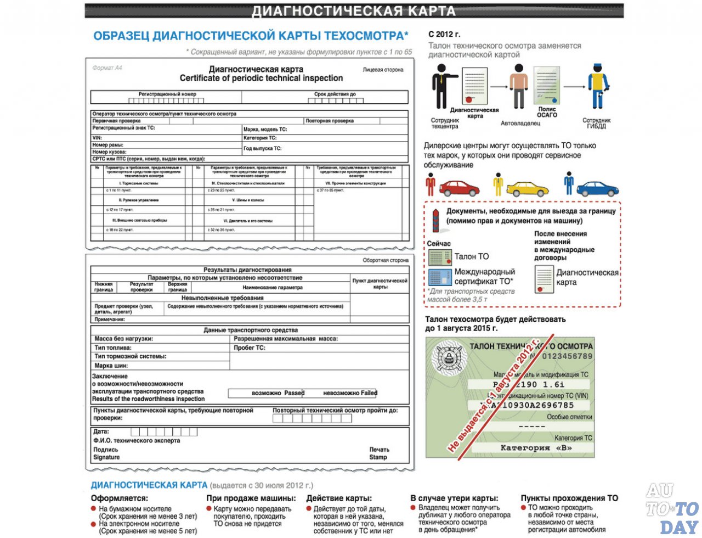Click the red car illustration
click(459, 188)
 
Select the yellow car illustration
click(527, 189)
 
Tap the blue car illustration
click(597, 189)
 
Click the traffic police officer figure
click(598, 87)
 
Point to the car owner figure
click(518, 87)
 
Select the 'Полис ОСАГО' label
click(547, 112)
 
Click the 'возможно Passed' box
click(267, 393)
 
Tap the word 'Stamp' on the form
click(378, 457)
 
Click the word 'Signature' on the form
click(106, 457)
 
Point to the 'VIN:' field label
click(97, 138)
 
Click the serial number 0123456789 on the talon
click(567, 356)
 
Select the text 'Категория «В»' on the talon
click(536, 448)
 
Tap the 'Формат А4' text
click(107, 68)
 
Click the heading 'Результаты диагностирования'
click(247, 270)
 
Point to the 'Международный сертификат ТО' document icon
click(439, 277)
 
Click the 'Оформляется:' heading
click(120, 498)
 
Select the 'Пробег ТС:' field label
click(250, 348)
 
